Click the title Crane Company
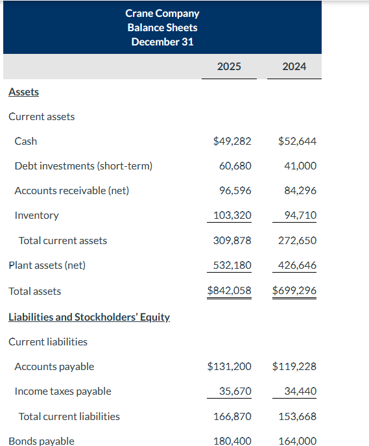pyautogui.click(x=162, y=13)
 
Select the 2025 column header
pyautogui.click(x=229, y=66)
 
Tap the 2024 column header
pyautogui.click(x=294, y=66)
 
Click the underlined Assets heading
pyautogui.click(x=23, y=92)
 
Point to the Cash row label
pyautogui.click(x=26, y=141)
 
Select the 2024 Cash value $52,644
pyautogui.click(x=297, y=141)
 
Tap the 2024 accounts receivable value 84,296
pyautogui.click(x=300, y=190)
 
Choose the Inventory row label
pyautogui.click(x=36, y=215)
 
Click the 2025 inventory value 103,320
pyautogui.click(x=232, y=215)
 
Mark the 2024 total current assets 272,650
pyautogui.click(x=298, y=240)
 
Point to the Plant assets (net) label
pyautogui.click(x=47, y=265)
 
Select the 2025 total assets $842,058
pyautogui.click(x=229, y=291)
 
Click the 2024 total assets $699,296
pyautogui.click(x=294, y=291)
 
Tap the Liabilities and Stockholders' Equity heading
pyautogui.click(x=89, y=317)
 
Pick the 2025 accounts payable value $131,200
pyautogui.click(x=229, y=366)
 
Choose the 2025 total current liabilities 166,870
pyautogui.click(x=232, y=416)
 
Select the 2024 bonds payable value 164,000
pyautogui.click(x=298, y=441)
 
